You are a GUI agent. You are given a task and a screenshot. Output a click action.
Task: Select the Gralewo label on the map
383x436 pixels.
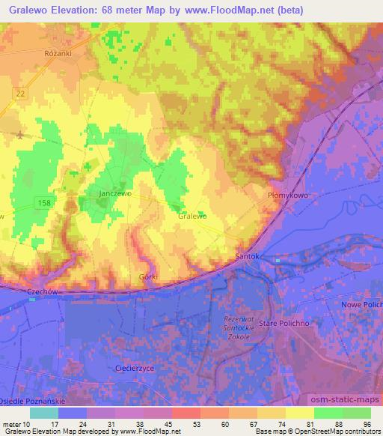[x=193, y=215]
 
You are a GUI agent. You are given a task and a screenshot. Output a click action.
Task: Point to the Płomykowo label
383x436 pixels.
[x=285, y=194]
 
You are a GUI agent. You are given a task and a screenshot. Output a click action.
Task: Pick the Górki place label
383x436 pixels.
[x=148, y=276]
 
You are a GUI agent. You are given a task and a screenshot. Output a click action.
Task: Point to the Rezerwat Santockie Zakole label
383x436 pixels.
[x=240, y=327]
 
